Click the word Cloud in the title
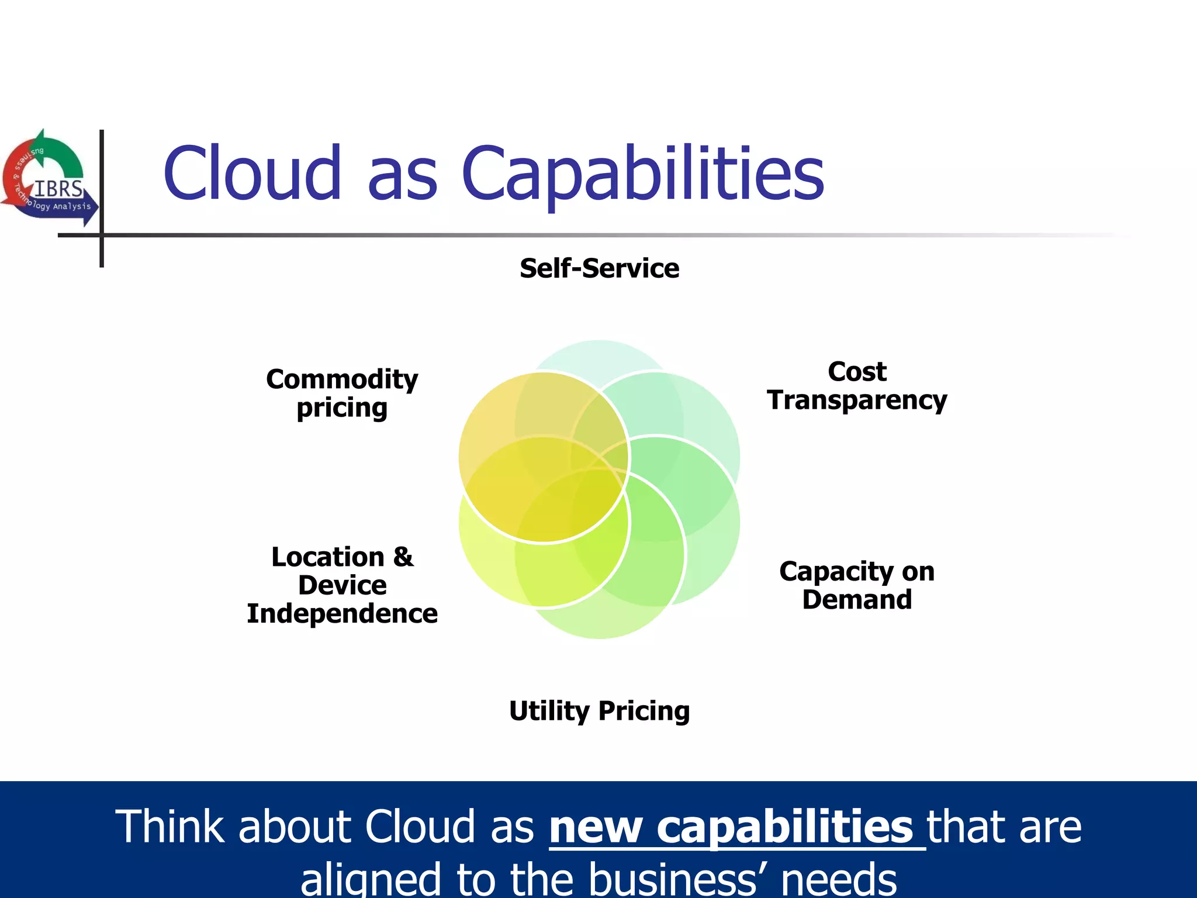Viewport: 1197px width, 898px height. click(252, 174)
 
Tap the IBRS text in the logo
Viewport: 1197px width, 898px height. click(58, 189)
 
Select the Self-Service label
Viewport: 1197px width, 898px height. click(599, 268)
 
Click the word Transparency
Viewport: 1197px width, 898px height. click(857, 401)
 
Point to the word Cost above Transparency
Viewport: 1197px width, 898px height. click(857, 372)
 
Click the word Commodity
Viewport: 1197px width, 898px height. click(342, 379)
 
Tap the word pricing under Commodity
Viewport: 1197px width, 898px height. click(342, 409)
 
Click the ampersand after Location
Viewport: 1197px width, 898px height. click(403, 557)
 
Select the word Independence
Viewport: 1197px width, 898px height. click(342, 614)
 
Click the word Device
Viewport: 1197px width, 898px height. click(342, 585)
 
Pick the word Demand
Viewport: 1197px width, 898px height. click(857, 600)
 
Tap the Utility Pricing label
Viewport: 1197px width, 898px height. click(599, 712)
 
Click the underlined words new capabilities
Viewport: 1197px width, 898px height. click(731, 827)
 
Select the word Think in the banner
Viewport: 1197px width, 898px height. click(169, 827)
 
